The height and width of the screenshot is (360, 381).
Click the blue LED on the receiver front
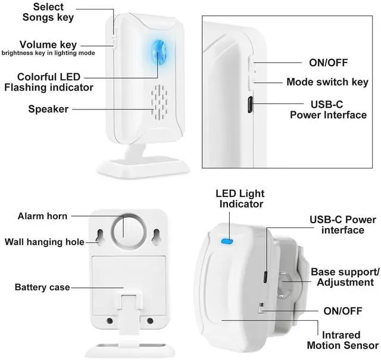(158, 55)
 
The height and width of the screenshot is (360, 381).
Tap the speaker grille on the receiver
(158, 102)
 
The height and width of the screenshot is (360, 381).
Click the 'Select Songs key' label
(49, 12)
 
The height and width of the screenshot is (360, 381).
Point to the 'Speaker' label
(48, 109)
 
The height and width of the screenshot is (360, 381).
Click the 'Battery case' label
(42, 287)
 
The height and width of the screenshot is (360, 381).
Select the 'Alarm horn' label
(42, 216)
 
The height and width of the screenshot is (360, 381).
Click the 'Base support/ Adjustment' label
(342, 277)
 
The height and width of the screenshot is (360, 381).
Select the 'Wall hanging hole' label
(44, 242)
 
